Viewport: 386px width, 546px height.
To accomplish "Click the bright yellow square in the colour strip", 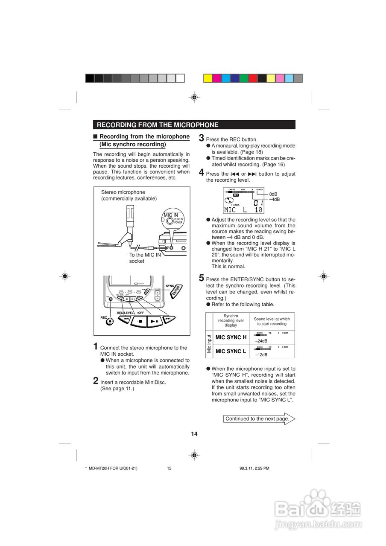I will [x=208, y=78].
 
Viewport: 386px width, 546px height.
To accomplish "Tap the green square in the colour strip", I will [x=244, y=78].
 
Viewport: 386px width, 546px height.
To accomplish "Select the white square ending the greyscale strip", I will [x=180, y=78].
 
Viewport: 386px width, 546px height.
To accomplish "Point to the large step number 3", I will [x=202, y=138].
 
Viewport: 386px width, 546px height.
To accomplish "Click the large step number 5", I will [x=202, y=278].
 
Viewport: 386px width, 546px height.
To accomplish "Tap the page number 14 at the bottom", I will [x=194, y=434].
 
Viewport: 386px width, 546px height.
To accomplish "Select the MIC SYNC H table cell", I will [x=231, y=337].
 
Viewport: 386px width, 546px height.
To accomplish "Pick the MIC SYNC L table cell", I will [x=231, y=351].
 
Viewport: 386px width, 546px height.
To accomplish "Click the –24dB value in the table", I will [x=261, y=341].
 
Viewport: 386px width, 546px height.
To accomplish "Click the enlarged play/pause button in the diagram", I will [x=155, y=321].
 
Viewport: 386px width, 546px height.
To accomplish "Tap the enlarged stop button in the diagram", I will [x=139, y=321].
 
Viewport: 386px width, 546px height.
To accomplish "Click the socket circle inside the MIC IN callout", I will [x=170, y=221].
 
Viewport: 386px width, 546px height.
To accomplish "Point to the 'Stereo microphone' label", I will [x=123, y=192].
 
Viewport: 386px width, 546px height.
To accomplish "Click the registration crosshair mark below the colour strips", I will [x=194, y=97].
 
